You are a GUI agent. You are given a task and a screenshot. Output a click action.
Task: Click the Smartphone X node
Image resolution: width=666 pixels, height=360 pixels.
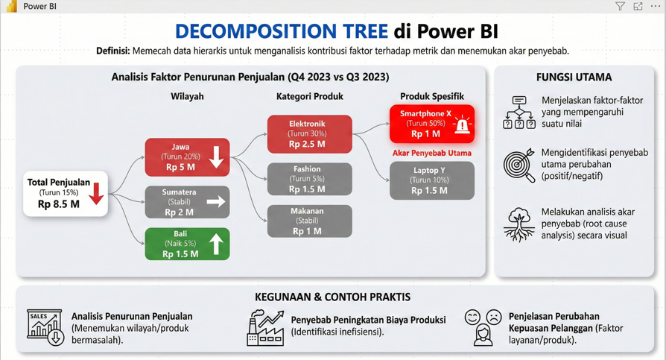point(432,124)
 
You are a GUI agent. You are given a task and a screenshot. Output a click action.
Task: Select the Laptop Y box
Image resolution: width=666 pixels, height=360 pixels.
point(432,180)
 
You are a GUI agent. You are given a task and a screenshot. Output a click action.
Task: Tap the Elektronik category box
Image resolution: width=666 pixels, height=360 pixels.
point(310,134)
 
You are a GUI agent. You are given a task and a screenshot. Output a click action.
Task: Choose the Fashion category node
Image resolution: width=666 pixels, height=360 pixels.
point(310,179)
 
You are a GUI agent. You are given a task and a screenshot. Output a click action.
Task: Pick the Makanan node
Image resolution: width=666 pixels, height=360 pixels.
point(310,221)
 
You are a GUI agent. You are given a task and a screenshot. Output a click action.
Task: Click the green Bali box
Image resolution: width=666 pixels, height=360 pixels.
point(187,244)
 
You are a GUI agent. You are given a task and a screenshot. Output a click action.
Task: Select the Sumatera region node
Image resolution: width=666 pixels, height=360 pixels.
point(187,202)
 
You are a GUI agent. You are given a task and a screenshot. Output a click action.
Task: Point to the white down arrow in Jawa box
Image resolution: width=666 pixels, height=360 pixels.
point(216,157)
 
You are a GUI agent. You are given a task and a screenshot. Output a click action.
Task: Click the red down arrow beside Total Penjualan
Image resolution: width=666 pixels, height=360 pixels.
point(96,194)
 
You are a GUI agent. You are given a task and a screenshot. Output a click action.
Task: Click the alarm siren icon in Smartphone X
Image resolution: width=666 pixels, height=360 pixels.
point(461,125)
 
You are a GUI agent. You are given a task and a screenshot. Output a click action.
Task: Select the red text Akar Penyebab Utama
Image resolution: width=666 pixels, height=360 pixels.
point(431,153)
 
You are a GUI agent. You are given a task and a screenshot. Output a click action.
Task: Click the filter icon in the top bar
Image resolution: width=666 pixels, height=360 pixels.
point(620,6)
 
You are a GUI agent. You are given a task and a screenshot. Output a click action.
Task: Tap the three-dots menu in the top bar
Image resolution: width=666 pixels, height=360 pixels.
point(656,6)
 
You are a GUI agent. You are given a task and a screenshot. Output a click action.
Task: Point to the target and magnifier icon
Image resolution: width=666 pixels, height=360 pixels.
point(519,165)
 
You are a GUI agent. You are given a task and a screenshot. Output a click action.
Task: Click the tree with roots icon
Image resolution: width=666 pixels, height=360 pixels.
point(519,224)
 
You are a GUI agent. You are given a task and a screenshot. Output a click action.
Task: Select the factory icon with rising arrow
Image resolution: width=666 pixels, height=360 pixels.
point(265,328)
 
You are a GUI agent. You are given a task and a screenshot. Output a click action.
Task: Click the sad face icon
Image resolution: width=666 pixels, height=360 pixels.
point(494,317)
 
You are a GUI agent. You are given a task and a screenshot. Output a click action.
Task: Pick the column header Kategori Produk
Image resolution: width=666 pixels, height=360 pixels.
point(310,96)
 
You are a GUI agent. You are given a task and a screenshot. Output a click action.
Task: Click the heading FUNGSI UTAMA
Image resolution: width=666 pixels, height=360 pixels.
point(574,78)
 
